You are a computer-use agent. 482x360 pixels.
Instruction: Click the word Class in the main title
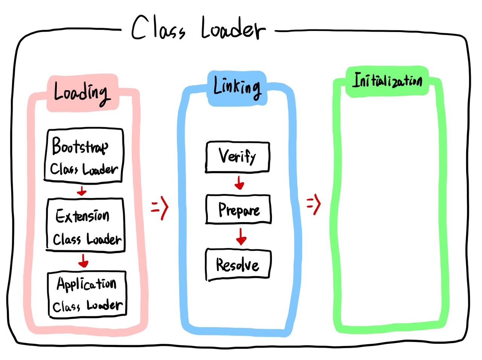(158, 29)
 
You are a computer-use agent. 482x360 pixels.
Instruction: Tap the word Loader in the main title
(233, 29)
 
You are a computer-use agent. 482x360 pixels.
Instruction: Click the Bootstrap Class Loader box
(84, 155)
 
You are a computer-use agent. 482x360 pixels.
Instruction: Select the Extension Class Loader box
(85, 225)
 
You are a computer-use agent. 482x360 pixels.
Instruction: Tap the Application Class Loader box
(87, 294)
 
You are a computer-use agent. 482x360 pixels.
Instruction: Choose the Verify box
(238, 157)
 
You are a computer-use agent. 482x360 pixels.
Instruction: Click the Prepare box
(238, 209)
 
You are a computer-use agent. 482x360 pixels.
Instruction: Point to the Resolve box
(238, 264)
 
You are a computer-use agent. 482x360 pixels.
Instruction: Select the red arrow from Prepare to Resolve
(241, 236)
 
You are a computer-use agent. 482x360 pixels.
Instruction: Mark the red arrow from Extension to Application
(83, 261)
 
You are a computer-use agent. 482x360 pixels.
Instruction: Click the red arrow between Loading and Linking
(160, 207)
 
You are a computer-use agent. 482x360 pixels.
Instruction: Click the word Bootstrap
(80, 146)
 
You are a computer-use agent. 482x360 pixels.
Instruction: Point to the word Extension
(82, 216)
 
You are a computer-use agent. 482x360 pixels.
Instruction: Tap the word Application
(86, 284)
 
